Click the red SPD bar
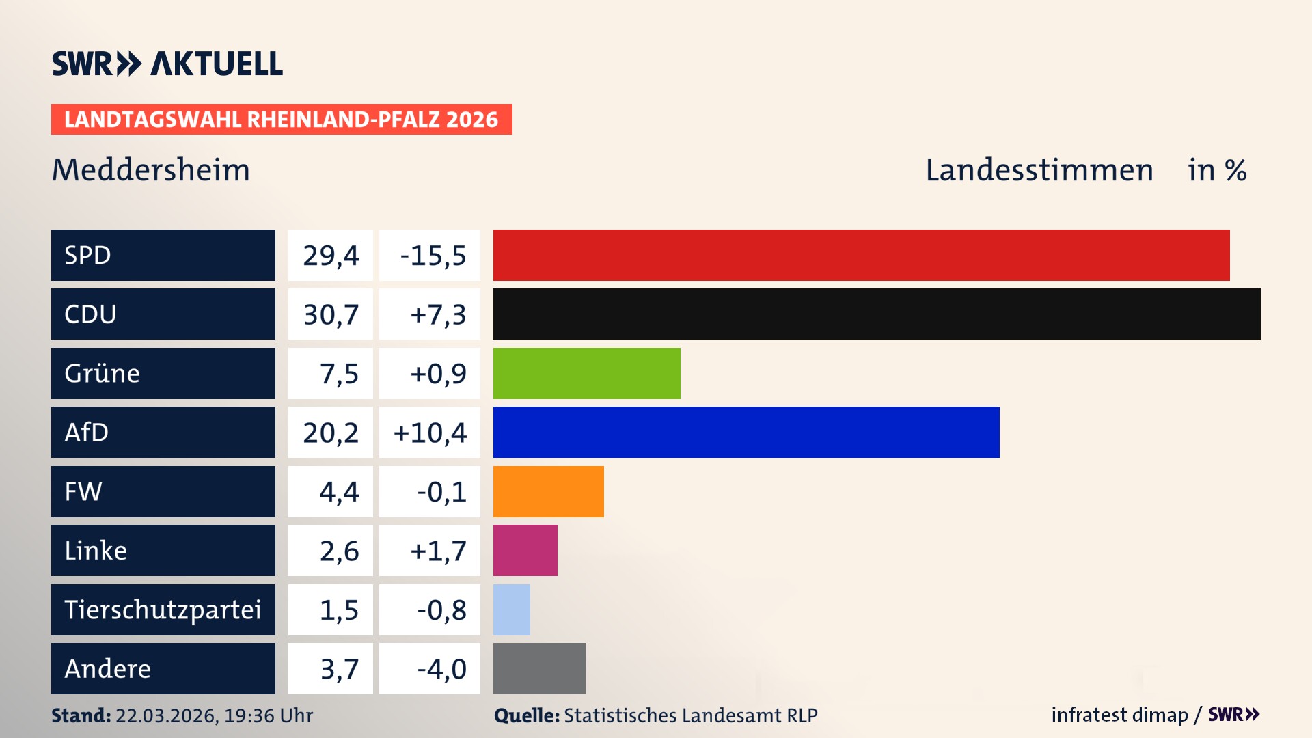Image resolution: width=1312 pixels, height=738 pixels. (861, 255)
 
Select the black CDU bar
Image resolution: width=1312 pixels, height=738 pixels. (877, 314)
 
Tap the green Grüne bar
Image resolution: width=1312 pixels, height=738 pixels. (586, 373)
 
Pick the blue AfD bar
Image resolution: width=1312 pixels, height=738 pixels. (746, 432)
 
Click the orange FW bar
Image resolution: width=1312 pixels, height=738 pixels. (548, 491)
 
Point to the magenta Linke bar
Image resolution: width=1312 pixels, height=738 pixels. (525, 550)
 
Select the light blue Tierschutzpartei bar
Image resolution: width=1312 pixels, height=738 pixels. (511, 610)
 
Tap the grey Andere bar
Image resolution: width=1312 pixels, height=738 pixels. (539, 668)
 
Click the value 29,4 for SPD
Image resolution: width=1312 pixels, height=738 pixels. (331, 256)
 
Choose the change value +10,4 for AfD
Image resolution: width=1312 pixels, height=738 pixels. (430, 433)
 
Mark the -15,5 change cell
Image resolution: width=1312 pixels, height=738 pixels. (432, 256)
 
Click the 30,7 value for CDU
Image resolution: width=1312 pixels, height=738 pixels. (331, 314)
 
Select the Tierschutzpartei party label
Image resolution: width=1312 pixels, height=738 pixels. (163, 610)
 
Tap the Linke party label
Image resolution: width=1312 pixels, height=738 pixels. (96, 550)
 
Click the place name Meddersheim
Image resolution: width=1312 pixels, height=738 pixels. (151, 170)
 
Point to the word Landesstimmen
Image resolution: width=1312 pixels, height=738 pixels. (1039, 170)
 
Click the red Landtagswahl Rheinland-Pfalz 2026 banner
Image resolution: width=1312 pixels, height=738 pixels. (281, 120)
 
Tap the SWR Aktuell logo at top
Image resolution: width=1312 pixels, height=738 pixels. (167, 64)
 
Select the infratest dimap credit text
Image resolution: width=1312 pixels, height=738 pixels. (1119, 715)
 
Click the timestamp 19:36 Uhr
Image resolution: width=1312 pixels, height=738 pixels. (268, 715)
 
